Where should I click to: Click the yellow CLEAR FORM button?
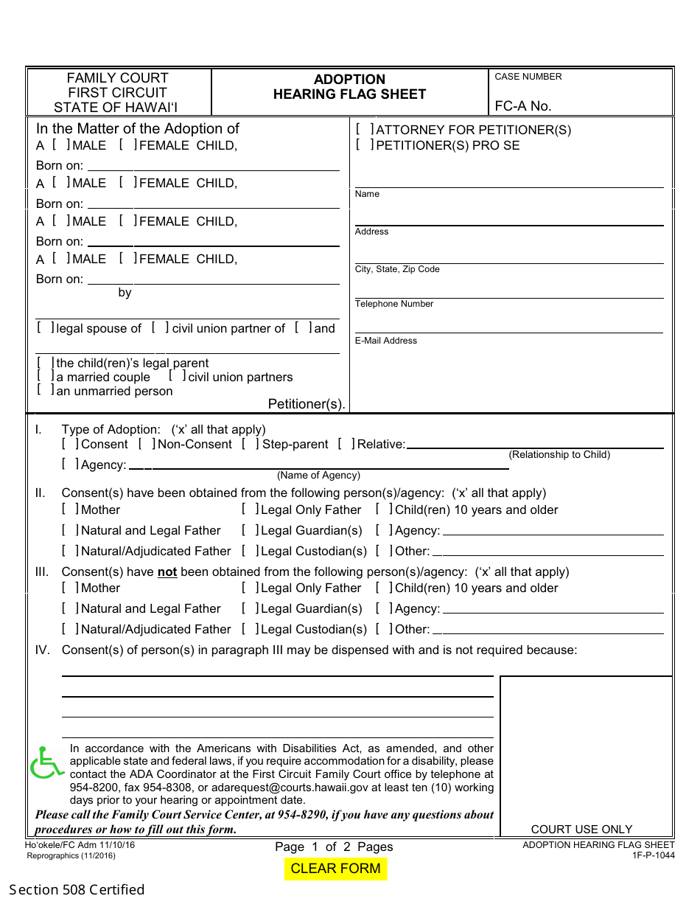pos(335,869)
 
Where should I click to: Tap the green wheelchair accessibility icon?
pos(47,763)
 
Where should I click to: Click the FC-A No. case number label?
pos(522,106)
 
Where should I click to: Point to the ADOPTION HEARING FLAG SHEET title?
pos(349,86)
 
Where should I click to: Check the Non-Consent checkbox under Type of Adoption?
pos(147,444)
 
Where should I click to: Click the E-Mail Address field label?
pos(385,341)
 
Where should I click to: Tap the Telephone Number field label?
pos(394,304)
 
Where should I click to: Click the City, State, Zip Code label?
pos(397,269)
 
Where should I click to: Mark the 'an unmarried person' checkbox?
pos(46,390)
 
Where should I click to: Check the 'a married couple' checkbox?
pos(46,376)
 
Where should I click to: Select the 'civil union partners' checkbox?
pos(178,376)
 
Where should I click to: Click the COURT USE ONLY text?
pos(581,829)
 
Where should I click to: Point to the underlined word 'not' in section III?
pos(167,572)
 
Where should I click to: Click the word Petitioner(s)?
pos(307,404)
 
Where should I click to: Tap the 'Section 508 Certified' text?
pos(77,889)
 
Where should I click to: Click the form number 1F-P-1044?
pos(653,855)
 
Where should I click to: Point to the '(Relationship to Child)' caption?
pos(559,455)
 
